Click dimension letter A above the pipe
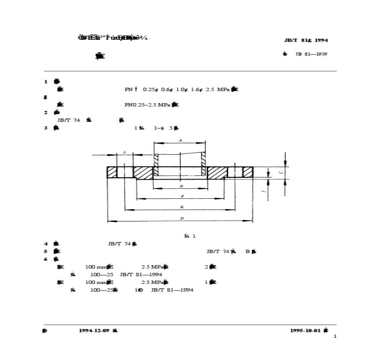(x=180, y=140)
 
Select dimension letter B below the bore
(x=181, y=186)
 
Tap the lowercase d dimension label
(x=182, y=196)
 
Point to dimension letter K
(x=182, y=207)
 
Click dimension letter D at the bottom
(x=182, y=218)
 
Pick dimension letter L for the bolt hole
(x=124, y=152)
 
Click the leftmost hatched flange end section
(x=112, y=172)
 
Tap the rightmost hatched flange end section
(x=248, y=172)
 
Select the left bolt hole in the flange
(x=125, y=172)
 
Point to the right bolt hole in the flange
(x=235, y=172)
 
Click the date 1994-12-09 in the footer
(x=94, y=330)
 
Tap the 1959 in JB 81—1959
(x=321, y=54)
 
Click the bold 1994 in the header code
(x=321, y=40)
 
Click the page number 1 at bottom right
(x=335, y=336)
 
